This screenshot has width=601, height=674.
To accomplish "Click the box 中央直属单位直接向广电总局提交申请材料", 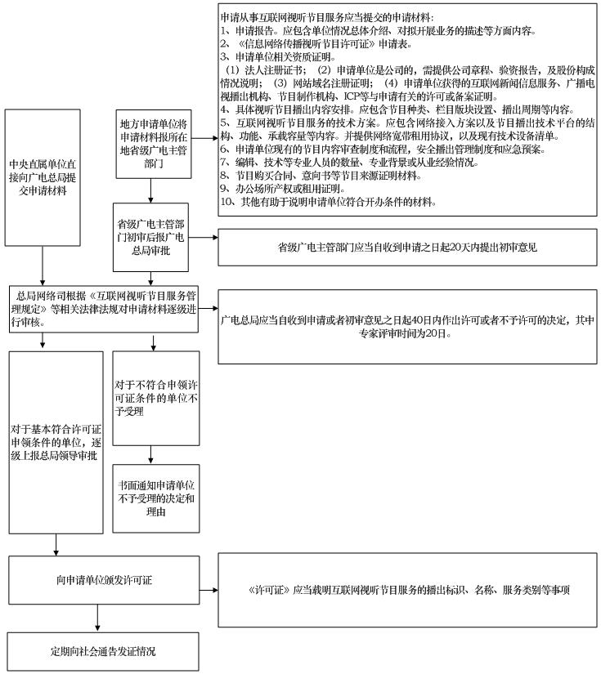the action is point(43,177).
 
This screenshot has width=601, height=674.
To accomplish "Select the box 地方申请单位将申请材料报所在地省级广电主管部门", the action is point(154,144).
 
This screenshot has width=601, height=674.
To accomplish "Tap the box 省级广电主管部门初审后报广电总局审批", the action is point(150,237).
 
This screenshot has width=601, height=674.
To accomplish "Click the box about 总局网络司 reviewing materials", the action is point(104,309).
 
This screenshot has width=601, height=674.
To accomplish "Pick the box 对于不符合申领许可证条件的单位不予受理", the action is point(155,398).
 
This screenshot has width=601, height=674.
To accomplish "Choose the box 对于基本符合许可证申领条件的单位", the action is point(56,442).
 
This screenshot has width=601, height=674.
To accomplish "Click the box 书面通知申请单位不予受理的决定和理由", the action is point(155,498).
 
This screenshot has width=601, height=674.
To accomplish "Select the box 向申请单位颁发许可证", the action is point(104,580).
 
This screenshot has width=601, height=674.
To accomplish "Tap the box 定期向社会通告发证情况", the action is point(103,651).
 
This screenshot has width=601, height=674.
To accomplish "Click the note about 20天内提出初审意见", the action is point(407,248).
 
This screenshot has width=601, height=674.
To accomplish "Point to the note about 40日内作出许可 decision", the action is point(407,327).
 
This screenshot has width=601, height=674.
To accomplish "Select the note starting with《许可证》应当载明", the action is point(407,590).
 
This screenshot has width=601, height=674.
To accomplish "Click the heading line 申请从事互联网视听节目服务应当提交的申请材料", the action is point(327,18).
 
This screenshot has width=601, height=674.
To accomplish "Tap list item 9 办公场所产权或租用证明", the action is point(283,188).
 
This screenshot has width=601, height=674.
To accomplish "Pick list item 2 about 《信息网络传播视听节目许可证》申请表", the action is point(316,44).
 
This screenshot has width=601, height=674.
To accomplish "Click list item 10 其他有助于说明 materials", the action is point(328,202).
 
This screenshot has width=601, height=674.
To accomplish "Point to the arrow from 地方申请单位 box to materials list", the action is point(204,138).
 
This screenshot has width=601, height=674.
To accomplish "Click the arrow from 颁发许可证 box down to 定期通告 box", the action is point(97,618).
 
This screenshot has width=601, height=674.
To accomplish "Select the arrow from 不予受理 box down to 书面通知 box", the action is point(150,455).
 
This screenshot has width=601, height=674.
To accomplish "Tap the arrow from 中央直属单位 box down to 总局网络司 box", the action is point(43,266).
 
